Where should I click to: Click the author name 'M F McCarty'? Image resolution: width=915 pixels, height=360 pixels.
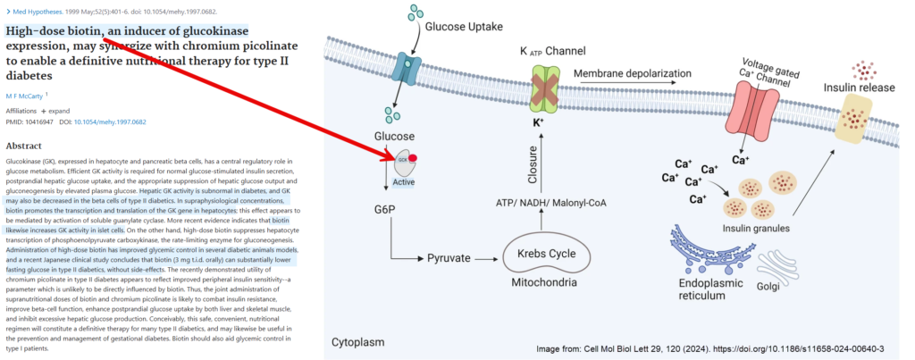click(24, 94)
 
